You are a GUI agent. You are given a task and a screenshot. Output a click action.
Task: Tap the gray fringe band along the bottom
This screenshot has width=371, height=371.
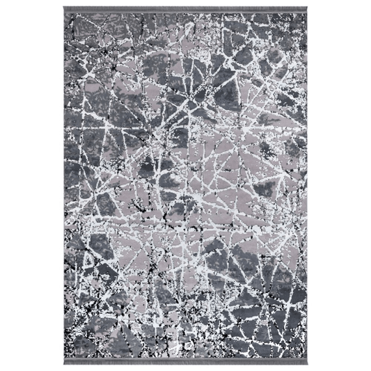click(184, 361)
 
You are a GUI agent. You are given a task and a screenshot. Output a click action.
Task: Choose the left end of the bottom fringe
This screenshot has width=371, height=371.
click(65, 361)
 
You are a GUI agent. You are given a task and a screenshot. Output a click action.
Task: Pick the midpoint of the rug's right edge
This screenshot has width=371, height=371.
click(305, 186)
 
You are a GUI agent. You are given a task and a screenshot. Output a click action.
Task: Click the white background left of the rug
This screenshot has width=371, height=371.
click(31, 186)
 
